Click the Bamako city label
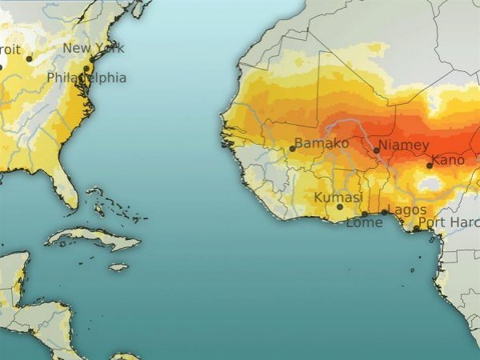322,143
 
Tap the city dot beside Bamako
293,149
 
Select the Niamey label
404,145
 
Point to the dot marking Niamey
376,150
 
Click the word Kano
448,160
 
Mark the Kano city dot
430,166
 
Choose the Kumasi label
338,197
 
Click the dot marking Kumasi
339,207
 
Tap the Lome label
364,223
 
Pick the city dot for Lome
365,214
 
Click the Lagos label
407,210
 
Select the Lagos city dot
384,212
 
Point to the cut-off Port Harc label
449,222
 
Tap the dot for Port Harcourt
417,228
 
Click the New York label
94,48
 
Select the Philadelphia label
86,78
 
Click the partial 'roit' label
10,49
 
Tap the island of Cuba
92,238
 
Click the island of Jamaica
118,267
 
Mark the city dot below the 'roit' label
30,58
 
